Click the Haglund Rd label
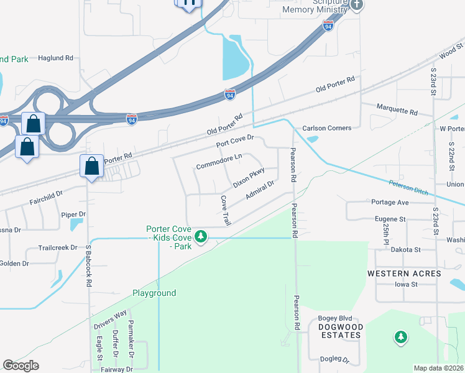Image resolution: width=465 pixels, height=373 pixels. click(x=56, y=58)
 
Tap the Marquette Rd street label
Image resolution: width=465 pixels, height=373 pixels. click(x=397, y=111)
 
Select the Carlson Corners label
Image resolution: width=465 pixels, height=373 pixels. click(x=327, y=128)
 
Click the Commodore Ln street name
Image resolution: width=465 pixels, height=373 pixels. click(x=219, y=162)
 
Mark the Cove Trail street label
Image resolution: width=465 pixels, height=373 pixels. click(x=226, y=210)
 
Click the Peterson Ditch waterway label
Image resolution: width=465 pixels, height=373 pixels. click(x=409, y=187)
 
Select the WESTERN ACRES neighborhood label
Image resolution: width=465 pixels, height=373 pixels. click(x=404, y=274)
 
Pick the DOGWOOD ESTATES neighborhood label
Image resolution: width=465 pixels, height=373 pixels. click(x=339, y=331)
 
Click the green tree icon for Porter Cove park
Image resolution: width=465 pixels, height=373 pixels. click(x=200, y=236)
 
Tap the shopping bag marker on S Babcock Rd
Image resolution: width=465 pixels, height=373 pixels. click(x=91, y=166)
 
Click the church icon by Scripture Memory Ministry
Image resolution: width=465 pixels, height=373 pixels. click(x=356, y=5)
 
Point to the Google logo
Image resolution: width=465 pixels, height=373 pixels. click(x=21, y=366)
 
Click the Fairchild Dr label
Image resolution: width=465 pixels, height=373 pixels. click(x=46, y=194)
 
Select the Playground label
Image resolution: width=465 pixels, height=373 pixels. click(x=154, y=293)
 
